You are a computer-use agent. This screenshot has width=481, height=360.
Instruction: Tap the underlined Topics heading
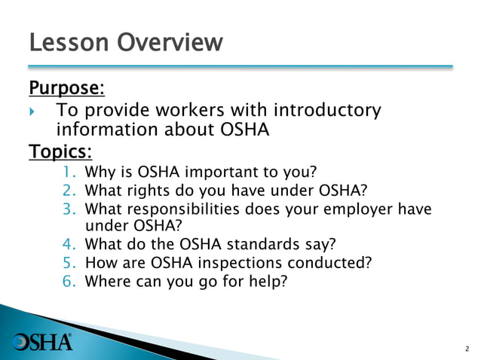pyautogui.click(x=60, y=152)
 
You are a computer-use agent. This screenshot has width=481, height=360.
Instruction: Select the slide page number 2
pyautogui.click(x=466, y=349)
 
